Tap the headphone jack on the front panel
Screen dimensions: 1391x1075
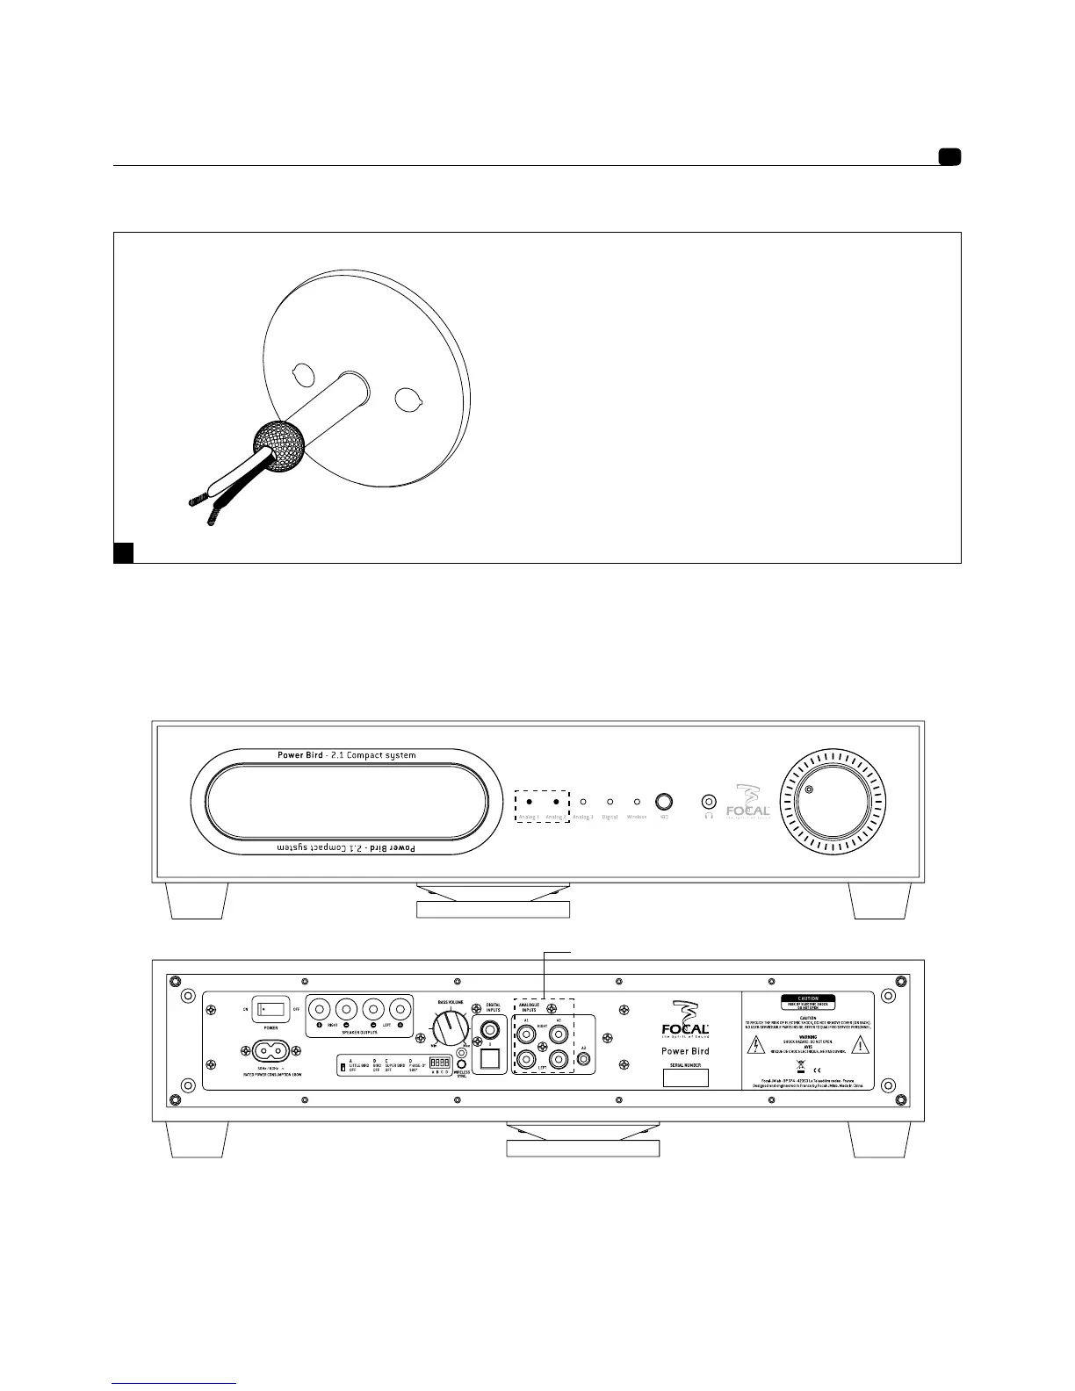[x=709, y=802]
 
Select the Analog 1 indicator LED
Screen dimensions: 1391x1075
[x=529, y=802]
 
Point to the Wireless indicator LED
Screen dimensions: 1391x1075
[x=637, y=802]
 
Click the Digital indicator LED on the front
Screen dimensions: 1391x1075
[x=610, y=802]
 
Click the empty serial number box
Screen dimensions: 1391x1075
[x=685, y=1077]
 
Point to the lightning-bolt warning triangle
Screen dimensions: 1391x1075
[x=756, y=1044]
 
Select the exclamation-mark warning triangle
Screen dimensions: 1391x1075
[x=860, y=1044]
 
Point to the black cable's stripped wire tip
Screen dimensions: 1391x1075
[x=211, y=519]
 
